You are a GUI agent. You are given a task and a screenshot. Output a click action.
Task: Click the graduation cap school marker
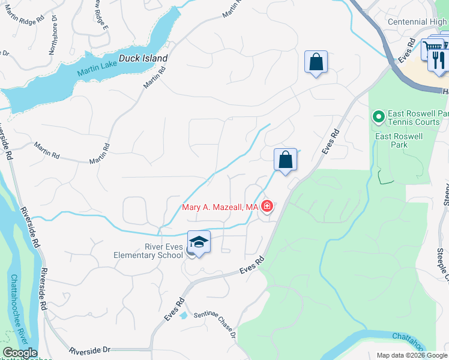[199, 242]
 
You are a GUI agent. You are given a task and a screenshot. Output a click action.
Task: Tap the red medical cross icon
[267, 207]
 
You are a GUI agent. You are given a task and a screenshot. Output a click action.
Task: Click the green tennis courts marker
[378, 116]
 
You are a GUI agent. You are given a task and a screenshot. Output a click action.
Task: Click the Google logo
[19, 353]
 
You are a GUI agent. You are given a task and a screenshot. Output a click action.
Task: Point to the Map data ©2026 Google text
[411, 355]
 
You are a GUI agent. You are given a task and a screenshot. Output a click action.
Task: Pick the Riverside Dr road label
[90, 350]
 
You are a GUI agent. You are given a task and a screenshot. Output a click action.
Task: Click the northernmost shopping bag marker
[316, 62]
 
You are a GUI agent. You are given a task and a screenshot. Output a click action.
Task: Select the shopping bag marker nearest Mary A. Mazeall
[285, 160]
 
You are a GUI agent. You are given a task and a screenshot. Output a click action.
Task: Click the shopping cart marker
[431, 48]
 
